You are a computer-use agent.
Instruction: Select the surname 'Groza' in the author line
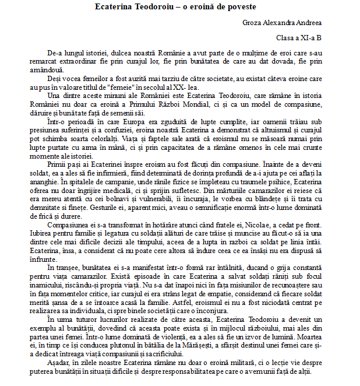[x=252, y=23]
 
